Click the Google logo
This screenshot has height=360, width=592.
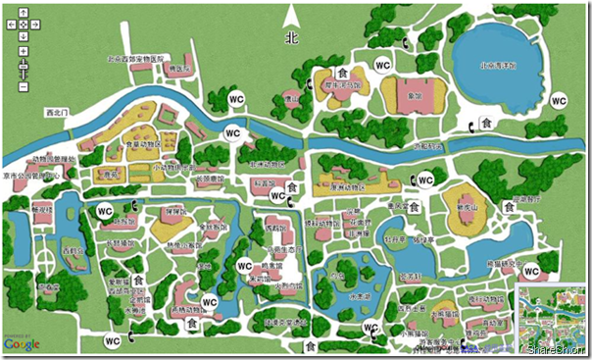coord(22,343)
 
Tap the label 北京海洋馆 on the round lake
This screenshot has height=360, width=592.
coord(497,67)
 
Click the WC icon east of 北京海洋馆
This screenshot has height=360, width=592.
coord(559,100)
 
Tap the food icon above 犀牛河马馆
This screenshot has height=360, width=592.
coord(343,73)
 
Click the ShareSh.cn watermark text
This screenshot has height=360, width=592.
coord(555,349)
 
